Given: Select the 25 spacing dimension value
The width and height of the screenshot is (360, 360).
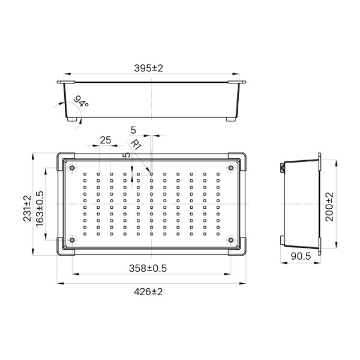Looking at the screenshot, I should pos(105,140).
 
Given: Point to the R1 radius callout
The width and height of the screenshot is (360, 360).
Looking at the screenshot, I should pos(136,145).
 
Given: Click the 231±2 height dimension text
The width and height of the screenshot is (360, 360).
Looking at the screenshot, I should pos(26,208).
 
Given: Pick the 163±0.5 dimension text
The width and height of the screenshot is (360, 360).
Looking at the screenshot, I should pos(40,208).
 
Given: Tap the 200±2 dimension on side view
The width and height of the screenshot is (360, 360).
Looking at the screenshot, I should pos(329,207).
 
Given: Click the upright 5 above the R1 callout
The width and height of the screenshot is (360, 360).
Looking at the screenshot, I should pos(133,130).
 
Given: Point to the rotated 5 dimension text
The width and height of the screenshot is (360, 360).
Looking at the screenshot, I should pos(126,155).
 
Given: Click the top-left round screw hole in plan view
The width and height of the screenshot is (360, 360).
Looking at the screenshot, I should pos(72,167).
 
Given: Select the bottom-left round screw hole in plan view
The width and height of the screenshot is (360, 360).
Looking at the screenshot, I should pos(72,241).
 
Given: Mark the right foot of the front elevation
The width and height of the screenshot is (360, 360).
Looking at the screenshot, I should pos(230,119).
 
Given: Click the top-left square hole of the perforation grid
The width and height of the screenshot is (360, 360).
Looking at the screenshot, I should pos(85,175).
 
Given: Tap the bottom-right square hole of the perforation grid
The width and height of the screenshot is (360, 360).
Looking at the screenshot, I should pos(217,233).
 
